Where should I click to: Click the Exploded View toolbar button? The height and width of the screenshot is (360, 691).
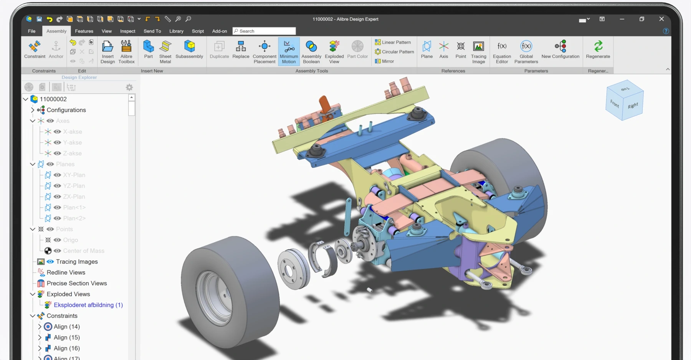point(334,51)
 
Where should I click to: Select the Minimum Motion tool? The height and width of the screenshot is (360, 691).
point(289,51)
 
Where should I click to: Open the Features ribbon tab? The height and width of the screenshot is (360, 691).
point(84,31)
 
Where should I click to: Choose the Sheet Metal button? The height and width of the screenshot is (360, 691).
point(165,51)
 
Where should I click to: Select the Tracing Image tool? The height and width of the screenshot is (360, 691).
point(478,51)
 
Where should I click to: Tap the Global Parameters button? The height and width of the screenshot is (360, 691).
point(526,51)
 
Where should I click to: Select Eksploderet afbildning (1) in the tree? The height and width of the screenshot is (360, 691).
point(88,305)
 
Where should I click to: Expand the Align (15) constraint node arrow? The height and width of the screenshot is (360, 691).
point(40,337)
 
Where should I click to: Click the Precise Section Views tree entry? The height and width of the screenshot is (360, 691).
point(77,283)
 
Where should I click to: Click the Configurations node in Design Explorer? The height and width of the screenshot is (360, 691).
point(66,110)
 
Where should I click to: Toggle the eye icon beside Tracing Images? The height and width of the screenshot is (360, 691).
point(50,262)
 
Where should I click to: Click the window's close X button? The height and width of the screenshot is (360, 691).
point(661,19)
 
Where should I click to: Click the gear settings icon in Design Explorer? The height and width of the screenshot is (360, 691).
point(129,88)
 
